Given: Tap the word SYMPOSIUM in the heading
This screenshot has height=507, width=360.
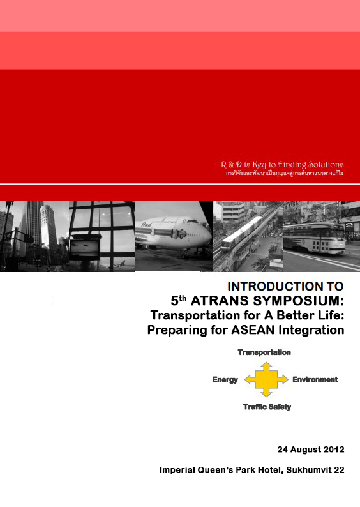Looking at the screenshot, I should coord(299,301).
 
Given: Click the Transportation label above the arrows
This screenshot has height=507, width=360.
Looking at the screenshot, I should coord(264,352).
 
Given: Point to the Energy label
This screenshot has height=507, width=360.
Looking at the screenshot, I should coord(225,380).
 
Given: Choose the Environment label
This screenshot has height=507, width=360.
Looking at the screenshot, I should coord(315,380).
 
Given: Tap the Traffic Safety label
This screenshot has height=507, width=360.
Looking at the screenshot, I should coord(267,407).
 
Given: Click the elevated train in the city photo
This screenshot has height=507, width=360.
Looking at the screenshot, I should coord(243,233).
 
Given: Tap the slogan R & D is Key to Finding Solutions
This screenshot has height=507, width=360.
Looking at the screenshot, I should coord(281,165).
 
